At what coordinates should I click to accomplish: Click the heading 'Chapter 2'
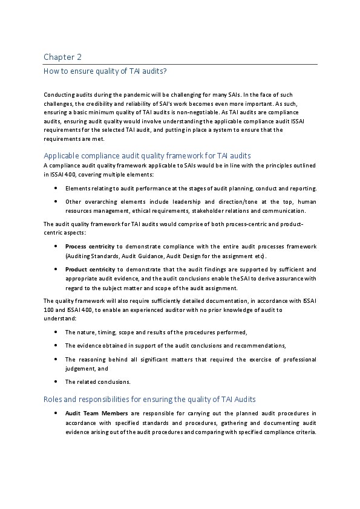62,57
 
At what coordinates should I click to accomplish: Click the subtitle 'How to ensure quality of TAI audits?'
105,71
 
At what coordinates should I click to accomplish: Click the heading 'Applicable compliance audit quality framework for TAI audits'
147,155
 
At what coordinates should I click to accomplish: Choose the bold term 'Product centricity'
90,269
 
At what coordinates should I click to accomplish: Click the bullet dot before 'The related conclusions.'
56,381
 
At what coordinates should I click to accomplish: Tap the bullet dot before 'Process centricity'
56,247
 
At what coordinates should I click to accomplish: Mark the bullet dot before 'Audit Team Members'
56,413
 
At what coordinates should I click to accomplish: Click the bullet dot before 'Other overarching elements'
56,201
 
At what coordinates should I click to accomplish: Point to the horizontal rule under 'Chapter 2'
180,64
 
